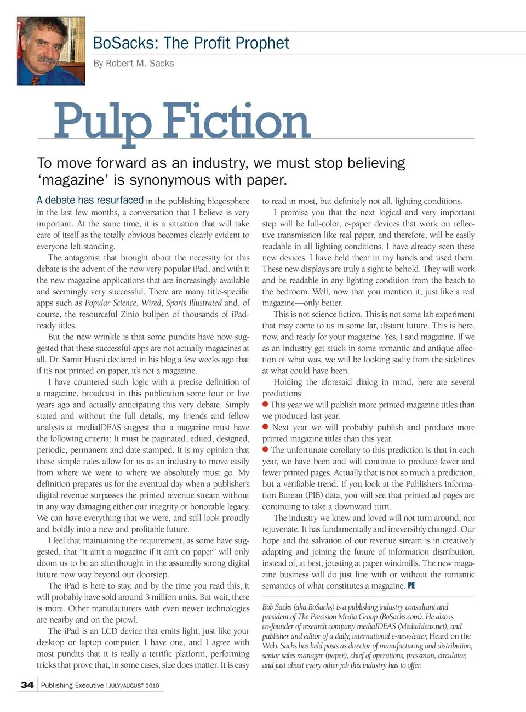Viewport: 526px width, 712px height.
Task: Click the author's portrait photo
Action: point(51,50)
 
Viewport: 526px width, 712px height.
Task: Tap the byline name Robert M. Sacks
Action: point(140,63)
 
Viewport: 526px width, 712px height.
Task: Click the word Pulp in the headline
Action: point(102,122)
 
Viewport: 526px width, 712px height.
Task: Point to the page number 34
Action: point(27,685)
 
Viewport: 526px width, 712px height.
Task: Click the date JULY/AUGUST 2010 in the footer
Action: point(134,686)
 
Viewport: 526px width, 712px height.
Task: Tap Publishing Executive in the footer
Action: point(72,685)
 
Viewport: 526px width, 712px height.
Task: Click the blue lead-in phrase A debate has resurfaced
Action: point(90,200)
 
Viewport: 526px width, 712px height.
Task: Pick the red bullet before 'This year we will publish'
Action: point(265,405)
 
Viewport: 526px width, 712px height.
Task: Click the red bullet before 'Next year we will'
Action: point(265,427)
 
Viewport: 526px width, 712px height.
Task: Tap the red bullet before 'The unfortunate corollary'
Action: point(265,449)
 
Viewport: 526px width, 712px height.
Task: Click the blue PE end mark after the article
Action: point(411,585)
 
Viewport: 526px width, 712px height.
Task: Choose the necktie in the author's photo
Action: point(36,79)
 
